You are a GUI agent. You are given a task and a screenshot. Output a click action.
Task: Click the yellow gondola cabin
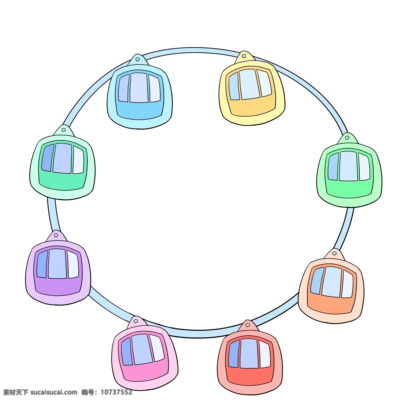[x=252, y=89]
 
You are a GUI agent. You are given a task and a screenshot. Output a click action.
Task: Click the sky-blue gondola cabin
[x=140, y=92]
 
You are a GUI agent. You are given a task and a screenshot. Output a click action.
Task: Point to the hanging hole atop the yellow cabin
[x=244, y=56]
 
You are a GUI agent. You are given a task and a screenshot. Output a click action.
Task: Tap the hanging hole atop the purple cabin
[x=56, y=235]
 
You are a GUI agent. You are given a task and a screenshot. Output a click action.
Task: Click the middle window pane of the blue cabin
[x=139, y=88]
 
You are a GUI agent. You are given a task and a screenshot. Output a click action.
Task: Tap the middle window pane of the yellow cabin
[x=250, y=84]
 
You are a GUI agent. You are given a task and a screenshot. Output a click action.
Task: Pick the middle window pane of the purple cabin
[x=57, y=264]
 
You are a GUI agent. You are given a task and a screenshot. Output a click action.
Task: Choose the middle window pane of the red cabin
[x=249, y=354]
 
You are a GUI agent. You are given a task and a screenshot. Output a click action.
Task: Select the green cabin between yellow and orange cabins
[x=350, y=170]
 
